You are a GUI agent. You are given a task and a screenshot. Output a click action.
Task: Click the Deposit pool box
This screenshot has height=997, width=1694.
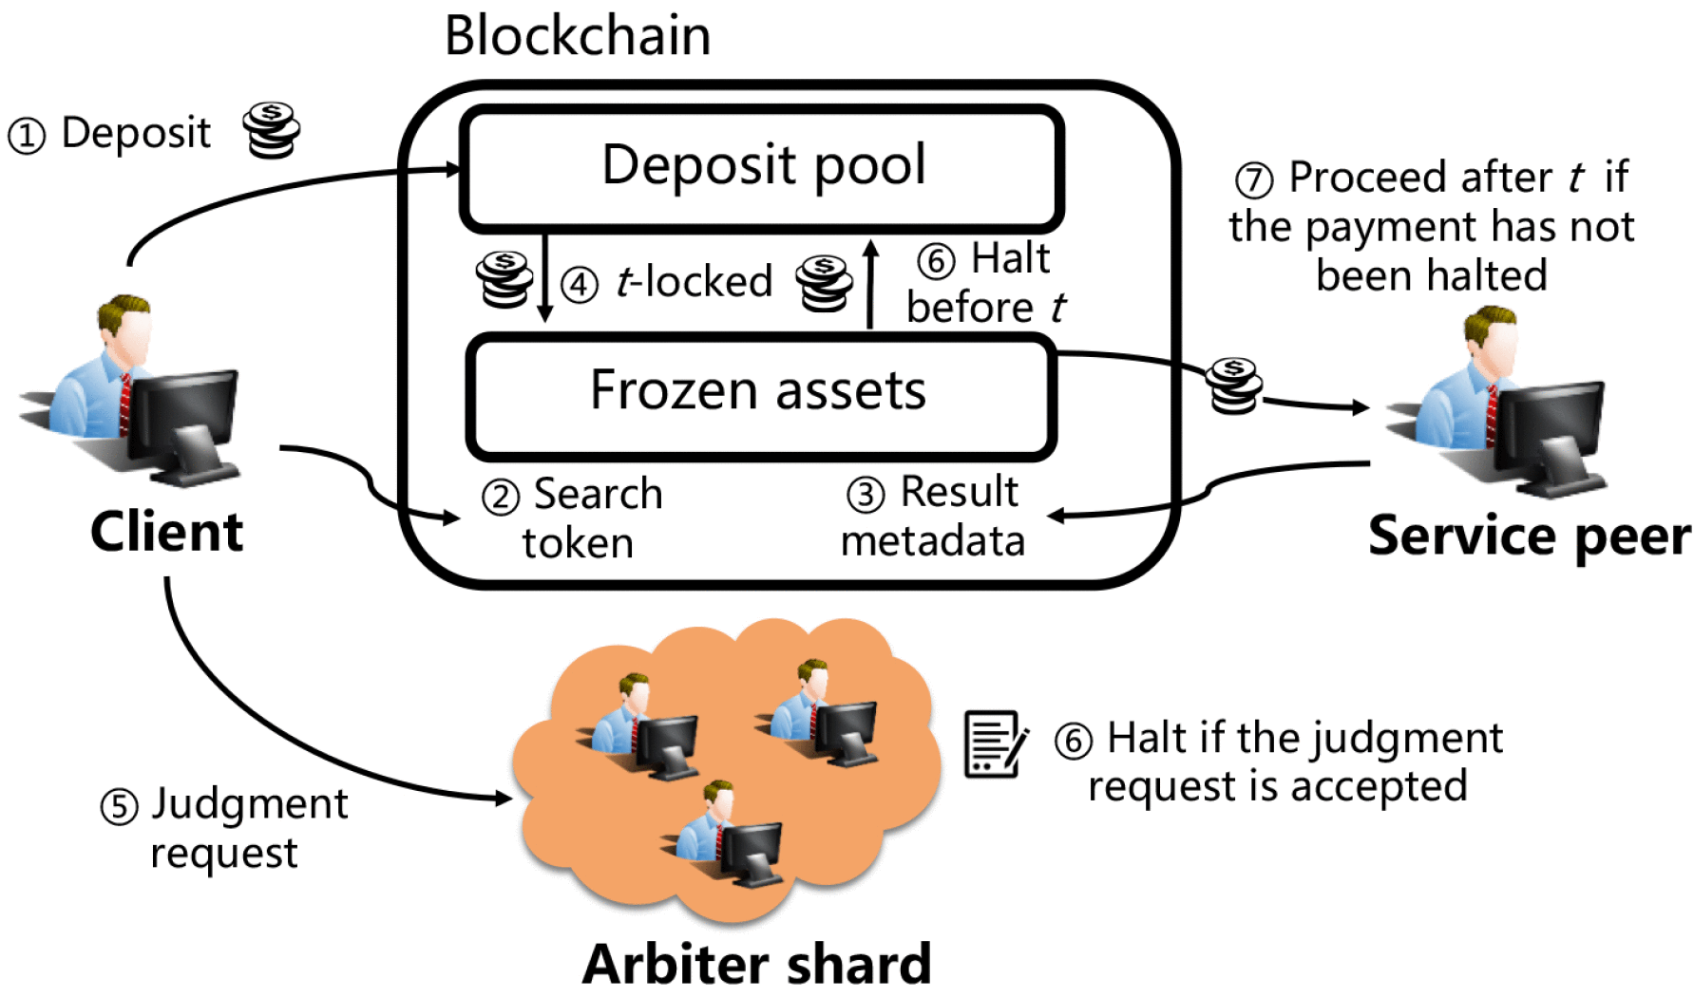762,167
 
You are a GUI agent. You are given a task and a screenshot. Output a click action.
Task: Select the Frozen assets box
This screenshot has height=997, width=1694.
760,394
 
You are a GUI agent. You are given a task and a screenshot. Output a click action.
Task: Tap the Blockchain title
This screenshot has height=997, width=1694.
578,36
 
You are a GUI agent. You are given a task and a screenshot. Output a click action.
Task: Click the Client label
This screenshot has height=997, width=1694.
166,532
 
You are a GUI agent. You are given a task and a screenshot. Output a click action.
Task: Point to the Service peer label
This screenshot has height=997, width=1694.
1528,536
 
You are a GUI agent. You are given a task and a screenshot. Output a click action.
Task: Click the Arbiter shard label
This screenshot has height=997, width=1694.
756,965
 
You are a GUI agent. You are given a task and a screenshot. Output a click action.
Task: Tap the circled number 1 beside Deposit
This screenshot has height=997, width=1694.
27,136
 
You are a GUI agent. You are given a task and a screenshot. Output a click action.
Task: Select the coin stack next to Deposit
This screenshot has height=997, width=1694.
271,130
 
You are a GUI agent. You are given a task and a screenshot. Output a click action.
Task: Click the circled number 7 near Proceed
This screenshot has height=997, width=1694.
1254,179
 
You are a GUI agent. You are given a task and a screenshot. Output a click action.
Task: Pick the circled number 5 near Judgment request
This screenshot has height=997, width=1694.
120,807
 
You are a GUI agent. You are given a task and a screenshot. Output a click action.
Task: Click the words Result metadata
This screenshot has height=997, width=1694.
933,517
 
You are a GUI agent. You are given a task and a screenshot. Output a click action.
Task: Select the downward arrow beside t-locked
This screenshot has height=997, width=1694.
545,277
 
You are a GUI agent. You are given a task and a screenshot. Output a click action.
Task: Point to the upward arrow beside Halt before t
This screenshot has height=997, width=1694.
870,284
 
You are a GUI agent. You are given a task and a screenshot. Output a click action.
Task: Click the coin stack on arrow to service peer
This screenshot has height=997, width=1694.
1233,386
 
